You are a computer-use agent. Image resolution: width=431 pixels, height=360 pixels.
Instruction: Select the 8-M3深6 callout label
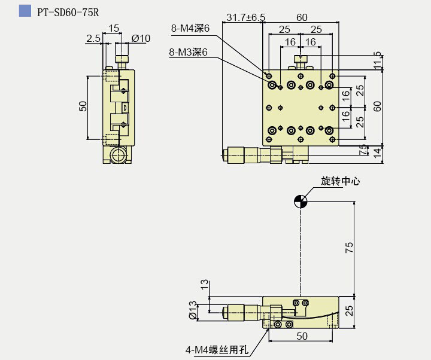coord(189,53)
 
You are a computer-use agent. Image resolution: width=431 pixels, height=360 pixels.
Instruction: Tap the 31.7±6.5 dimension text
coord(246,18)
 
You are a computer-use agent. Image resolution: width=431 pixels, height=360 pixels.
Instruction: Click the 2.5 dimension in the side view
coord(93,38)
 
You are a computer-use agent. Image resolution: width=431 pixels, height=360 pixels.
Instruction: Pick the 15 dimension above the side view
coord(113,28)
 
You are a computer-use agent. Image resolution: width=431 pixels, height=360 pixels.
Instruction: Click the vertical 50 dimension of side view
coord(83,106)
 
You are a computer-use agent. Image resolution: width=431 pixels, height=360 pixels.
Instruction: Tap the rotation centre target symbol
coord(301,202)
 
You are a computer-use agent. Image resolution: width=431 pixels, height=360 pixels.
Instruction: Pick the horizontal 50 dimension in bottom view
coord(302,336)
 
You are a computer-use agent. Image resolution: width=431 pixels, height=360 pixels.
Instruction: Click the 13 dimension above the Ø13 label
coord(204,284)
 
